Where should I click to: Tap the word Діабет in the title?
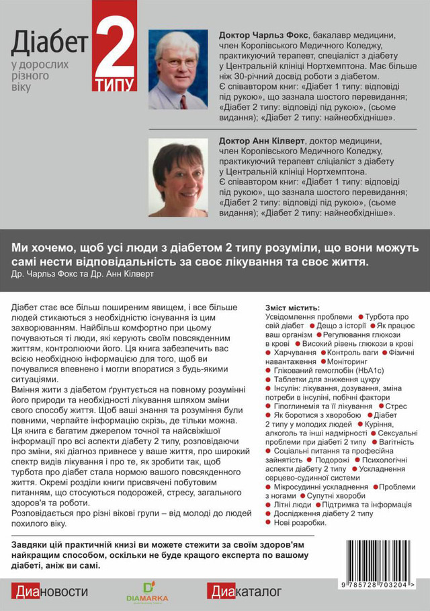49,44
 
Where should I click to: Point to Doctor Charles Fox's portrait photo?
177,69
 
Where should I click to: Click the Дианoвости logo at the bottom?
50,591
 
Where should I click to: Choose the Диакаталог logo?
244,591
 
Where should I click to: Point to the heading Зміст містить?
293,308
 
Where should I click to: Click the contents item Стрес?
396,406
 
